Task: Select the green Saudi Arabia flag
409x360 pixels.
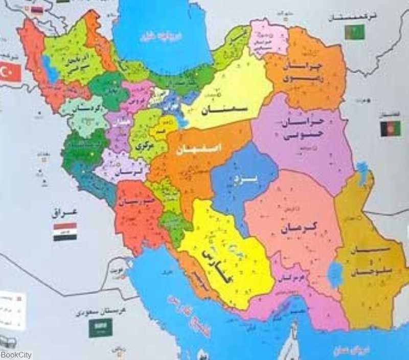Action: point(100,327)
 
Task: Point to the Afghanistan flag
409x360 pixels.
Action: point(390,128)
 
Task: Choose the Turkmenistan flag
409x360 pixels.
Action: point(354,32)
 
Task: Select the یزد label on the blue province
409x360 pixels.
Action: point(241,180)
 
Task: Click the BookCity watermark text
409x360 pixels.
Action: point(16,355)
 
